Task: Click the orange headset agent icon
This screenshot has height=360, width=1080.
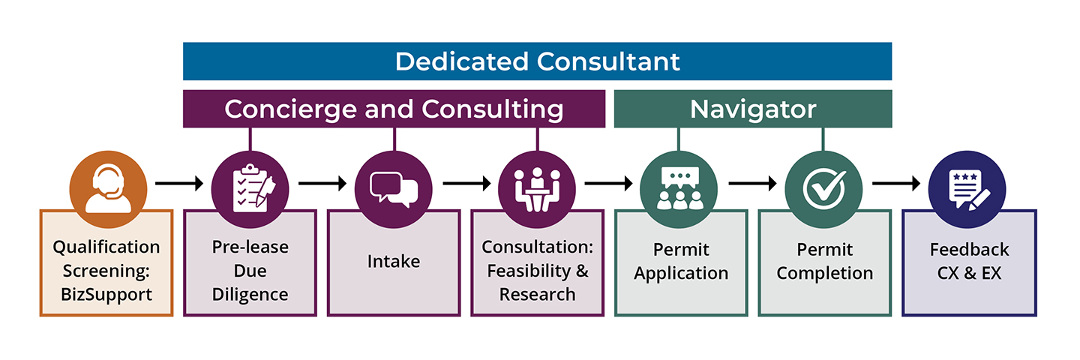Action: pyautogui.click(x=106, y=184)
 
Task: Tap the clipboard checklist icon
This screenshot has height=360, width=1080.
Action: pyautogui.click(x=250, y=184)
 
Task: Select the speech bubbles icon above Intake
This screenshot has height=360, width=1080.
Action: pyautogui.click(x=394, y=184)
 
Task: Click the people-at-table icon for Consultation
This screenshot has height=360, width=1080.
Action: pyautogui.click(x=537, y=184)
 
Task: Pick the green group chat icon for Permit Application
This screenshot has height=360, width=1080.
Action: pyautogui.click(x=679, y=184)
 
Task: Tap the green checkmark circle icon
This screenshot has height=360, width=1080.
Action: pyautogui.click(x=823, y=184)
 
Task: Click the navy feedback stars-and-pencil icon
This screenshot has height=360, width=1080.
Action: pyautogui.click(x=967, y=184)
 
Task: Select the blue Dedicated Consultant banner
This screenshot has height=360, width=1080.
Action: pyautogui.click(x=537, y=61)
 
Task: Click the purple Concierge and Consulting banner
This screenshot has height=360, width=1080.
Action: pyautogui.click(x=394, y=109)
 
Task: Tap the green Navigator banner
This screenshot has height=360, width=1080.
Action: pyautogui.click(x=753, y=109)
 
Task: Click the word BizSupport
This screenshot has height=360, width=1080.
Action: pyautogui.click(x=106, y=294)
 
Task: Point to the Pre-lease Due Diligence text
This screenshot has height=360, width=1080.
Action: pyautogui.click(x=250, y=270)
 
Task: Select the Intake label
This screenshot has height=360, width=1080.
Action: pyautogui.click(x=394, y=262)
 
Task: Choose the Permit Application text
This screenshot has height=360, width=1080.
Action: pyautogui.click(x=681, y=262)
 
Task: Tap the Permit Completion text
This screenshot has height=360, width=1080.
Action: pyautogui.click(x=824, y=262)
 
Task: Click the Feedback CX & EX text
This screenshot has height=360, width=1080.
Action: pyautogui.click(x=969, y=262)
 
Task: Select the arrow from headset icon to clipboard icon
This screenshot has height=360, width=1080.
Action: pyautogui.click(x=178, y=183)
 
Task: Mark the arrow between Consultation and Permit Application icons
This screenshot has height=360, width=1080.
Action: pyautogui.click(x=608, y=183)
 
